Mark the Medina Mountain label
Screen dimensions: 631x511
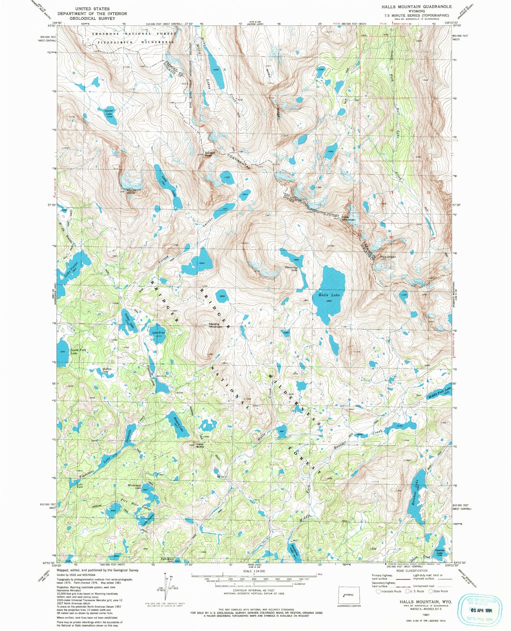[216, 325]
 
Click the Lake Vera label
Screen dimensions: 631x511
[80, 485]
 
